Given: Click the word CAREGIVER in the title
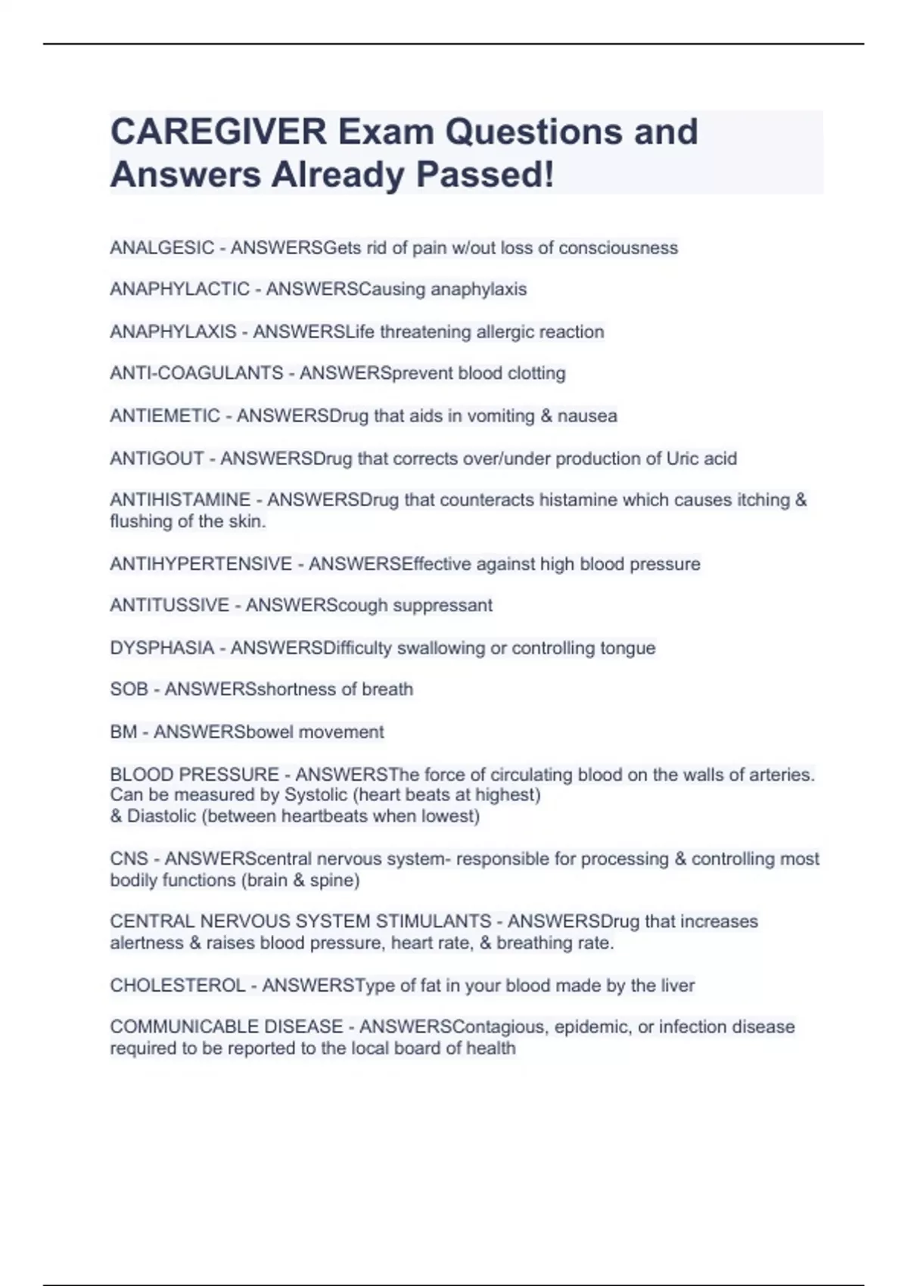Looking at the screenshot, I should [x=218, y=132].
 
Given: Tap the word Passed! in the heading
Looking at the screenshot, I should [x=485, y=175].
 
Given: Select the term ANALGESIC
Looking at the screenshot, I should [x=162, y=248].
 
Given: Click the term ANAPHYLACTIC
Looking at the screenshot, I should [x=179, y=289].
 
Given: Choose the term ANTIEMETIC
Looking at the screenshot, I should [x=165, y=416].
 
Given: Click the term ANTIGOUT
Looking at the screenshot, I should [x=157, y=458].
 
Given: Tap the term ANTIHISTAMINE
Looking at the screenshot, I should [x=180, y=500].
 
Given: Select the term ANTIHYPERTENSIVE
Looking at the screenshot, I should [x=201, y=564].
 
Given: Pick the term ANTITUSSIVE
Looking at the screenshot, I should [x=169, y=605].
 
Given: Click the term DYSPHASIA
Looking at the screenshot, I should [x=162, y=648].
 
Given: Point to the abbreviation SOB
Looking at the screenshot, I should [x=129, y=689].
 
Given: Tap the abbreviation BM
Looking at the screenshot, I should [x=123, y=732].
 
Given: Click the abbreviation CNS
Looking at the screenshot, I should [x=129, y=859].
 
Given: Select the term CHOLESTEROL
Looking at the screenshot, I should [x=178, y=986].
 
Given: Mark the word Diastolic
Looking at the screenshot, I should [x=162, y=816].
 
